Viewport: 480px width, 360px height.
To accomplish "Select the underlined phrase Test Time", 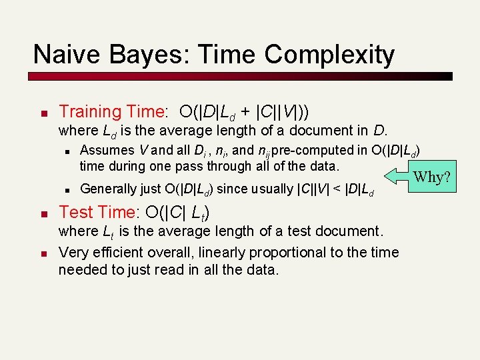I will tap(97, 213).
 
